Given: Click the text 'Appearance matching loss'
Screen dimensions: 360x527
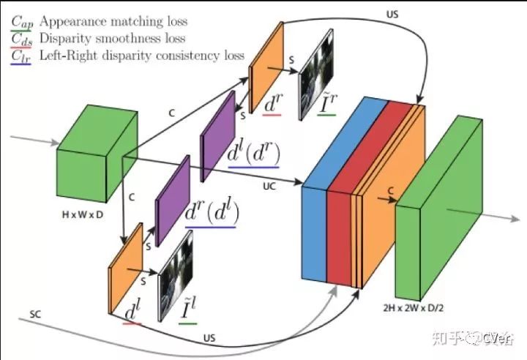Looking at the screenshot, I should tap(113, 22).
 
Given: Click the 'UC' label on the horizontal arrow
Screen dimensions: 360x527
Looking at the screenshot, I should tap(269, 187).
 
